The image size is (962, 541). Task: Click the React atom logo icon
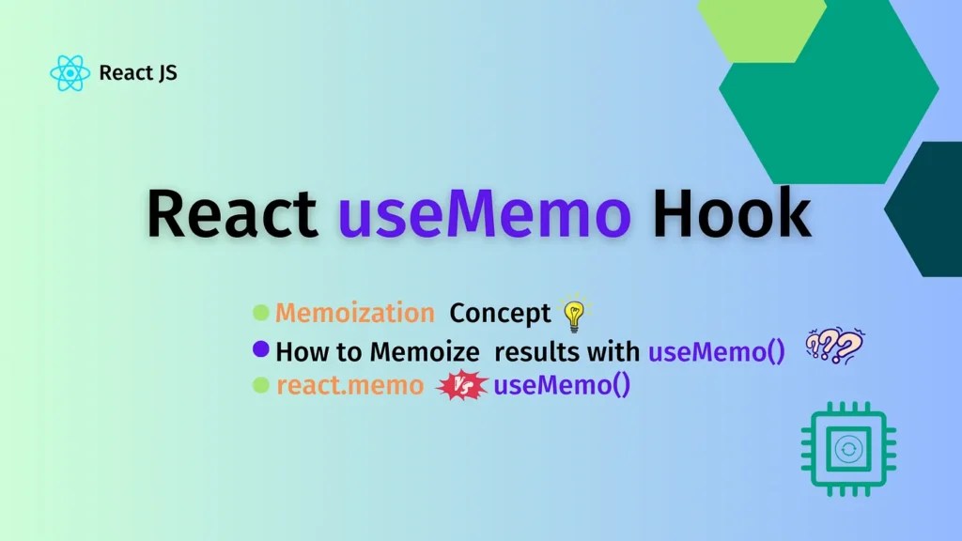pos(70,73)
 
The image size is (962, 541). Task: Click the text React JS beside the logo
pos(138,72)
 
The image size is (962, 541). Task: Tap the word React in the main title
pos(231,214)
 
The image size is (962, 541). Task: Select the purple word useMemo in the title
pos(484,214)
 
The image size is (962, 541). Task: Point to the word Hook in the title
pos(731,214)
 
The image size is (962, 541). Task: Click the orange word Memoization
pos(355,314)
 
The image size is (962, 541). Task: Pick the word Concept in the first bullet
pos(500,314)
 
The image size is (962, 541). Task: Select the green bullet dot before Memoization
pos(261,313)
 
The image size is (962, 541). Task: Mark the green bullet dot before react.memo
pos(261,385)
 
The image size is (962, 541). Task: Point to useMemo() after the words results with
pos(716,352)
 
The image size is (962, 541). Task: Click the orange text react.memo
pos(349,386)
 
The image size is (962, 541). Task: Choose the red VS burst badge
pos(463,386)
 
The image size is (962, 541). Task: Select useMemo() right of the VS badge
pos(562,386)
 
